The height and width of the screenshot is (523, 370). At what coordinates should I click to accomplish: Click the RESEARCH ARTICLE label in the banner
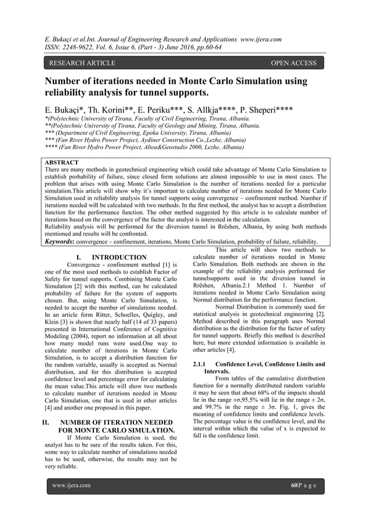click(82, 63)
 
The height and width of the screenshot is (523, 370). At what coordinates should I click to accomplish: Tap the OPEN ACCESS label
click(295, 63)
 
